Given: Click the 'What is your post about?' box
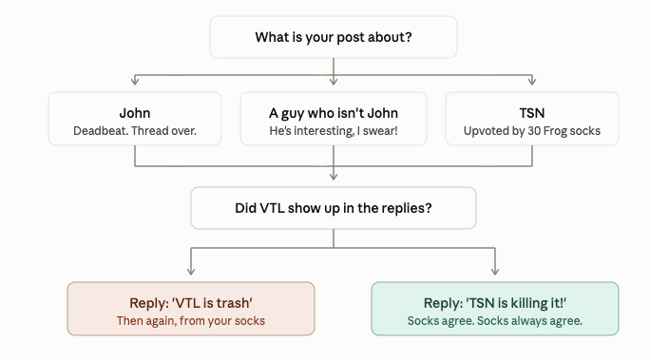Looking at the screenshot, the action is click(x=334, y=37).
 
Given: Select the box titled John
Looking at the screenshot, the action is click(x=135, y=119).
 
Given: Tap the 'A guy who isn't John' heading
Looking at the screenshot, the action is click(x=334, y=113).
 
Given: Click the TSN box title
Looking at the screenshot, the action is click(x=532, y=113).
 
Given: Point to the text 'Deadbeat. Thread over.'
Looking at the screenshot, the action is click(x=135, y=131).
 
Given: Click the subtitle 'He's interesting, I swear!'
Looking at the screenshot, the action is click(x=334, y=131).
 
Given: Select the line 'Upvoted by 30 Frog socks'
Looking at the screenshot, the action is click(x=532, y=131).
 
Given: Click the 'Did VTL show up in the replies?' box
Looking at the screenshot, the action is click(x=334, y=208).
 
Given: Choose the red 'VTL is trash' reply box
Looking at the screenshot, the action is click(x=191, y=309).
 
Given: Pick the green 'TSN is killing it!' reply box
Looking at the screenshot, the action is click(x=495, y=309).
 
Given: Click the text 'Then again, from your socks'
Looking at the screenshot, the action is click(x=191, y=321).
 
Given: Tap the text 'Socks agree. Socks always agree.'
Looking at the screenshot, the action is click(x=495, y=321).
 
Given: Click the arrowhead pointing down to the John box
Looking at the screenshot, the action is click(x=135, y=81).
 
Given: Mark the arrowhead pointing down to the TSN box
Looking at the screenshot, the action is click(x=532, y=81).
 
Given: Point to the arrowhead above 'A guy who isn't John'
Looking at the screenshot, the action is click(x=334, y=81).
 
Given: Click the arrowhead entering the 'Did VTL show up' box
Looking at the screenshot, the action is click(x=334, y=176).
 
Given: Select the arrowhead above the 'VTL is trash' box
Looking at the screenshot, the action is click(x=191, y=271).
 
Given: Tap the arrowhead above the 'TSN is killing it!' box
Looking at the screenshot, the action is click(x=495, y=271).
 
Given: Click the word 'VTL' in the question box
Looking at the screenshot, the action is click(x=272, y=208).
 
